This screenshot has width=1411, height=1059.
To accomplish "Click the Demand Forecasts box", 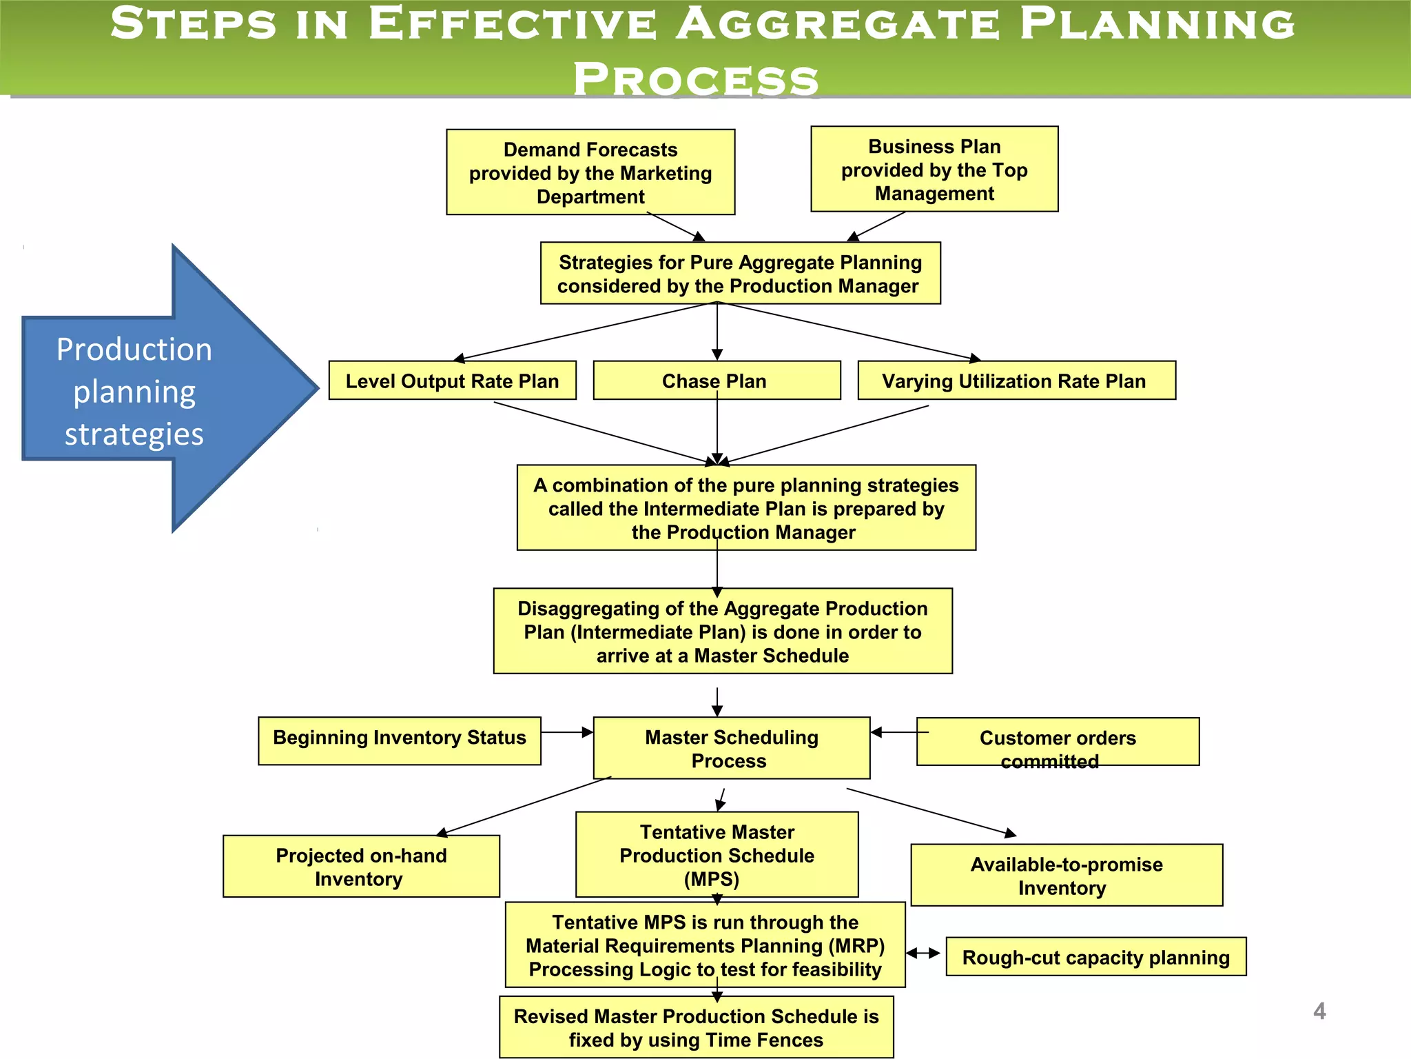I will (590, 172).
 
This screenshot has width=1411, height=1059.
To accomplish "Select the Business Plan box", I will (934, 170).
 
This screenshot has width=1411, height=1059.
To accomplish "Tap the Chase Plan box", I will (717, 381).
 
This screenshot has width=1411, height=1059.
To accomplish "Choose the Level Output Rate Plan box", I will (452, 381).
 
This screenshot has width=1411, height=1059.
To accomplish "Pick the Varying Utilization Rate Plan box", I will (1016, 381).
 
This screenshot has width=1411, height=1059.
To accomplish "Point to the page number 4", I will (1319, 1011).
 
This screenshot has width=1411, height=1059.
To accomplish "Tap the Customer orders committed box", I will (1058, 743).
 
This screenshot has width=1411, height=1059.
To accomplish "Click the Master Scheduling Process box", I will (731, 749).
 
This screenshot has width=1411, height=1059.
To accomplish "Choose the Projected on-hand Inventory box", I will (361, 867).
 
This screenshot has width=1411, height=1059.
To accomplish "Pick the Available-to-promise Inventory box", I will (1066, 876).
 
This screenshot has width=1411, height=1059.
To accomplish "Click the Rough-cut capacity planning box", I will (1095, 957).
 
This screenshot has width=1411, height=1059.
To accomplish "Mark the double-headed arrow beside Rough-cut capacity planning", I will (923, 954).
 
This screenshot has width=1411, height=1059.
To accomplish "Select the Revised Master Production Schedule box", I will (696, 1027).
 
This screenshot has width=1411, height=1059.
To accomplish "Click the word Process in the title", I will (696, 79).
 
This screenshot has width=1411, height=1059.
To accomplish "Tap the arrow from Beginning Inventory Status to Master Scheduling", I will (566, 732).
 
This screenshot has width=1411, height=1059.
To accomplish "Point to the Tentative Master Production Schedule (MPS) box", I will (717, 855).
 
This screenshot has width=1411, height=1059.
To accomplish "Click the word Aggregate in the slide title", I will (837, 25).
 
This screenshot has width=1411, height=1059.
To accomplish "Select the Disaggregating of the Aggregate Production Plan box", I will (723, 632).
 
